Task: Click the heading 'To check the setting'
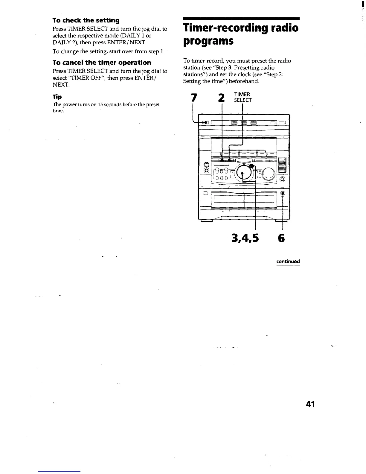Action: (86, 20)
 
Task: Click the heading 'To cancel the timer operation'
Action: (102, 63)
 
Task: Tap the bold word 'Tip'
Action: (57, 97)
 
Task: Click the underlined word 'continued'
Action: (288, 262)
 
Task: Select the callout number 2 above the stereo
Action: (221, 98)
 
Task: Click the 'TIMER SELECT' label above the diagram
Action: (243, 97)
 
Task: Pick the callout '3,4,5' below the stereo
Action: (245, 238)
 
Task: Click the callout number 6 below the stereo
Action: (281, 238)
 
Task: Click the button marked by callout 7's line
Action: (205, 122)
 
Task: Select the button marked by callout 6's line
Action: (283, 193)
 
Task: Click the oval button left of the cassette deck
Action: (205, 193)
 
